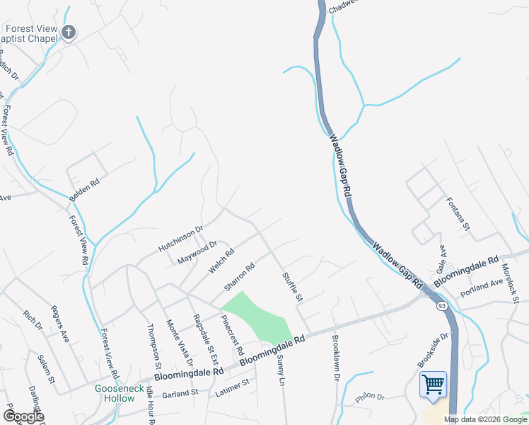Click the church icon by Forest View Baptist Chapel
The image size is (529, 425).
pos(69,33)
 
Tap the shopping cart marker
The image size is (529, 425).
pos(432,385)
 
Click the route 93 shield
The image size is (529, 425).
pos(441,305)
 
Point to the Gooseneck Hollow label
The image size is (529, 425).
pos(115,393)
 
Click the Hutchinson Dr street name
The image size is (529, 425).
pos(180,237)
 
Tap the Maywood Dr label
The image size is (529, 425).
pos(197,252)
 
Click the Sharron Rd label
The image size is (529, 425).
pos(239,277)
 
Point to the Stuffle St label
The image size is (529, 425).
pos(292,286)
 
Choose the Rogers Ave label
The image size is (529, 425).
pos(59,324)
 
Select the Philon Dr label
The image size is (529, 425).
pos(369,398)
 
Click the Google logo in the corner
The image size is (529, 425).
pos(23,416)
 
